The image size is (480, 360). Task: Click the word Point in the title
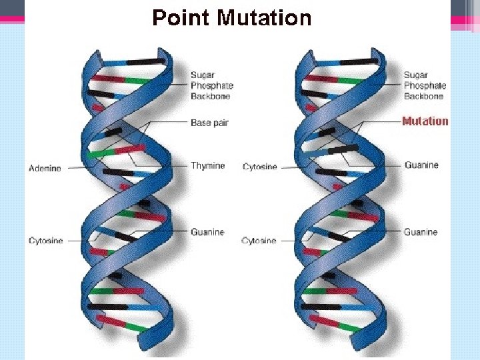click(x=181, y=17)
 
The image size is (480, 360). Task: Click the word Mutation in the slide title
click(x=265, y=17)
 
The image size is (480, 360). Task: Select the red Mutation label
click(x=425, y=121)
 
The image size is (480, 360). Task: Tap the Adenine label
click(x=45, y=169)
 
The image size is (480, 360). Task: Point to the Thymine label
click(x=208, y=165)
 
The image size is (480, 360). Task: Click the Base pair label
click(x=210, y=123)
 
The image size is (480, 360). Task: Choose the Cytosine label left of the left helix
click(x=45, y=240)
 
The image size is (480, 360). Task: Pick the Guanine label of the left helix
click(x=207, y=232)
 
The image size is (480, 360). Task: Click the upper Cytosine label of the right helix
click(x=259, y=167)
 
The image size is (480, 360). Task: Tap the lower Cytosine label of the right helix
click(x=259, y=240)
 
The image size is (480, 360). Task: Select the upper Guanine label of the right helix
click(x=421, y=164)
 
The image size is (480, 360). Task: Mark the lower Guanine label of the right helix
click(x=421, y=232)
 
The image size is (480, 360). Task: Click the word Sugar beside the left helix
click(x=203, y=75)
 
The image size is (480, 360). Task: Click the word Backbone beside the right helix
click(x=423, y=96)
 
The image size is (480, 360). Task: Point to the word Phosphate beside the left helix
click(x=212, y=85)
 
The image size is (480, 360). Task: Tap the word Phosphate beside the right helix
click(x=425, y=85)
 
